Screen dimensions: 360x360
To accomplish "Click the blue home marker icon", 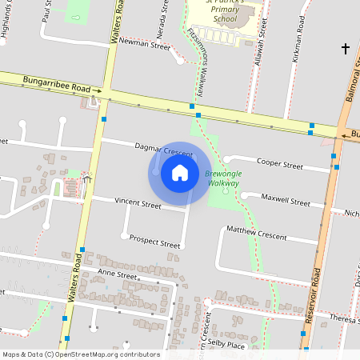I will click(x=180, y=173).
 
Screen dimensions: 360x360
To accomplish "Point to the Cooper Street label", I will click(x=280, y=166).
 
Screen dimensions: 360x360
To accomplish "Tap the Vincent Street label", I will click(x=138, y=205).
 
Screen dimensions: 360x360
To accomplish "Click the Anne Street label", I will click(x=118, y=274).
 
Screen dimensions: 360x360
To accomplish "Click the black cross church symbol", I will click(x=346, y=50).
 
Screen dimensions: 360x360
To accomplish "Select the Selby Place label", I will click(x=226, y=343).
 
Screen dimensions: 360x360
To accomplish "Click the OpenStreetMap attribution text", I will click(x=81, y=354).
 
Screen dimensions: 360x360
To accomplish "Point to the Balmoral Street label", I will click(x=350, y=88).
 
